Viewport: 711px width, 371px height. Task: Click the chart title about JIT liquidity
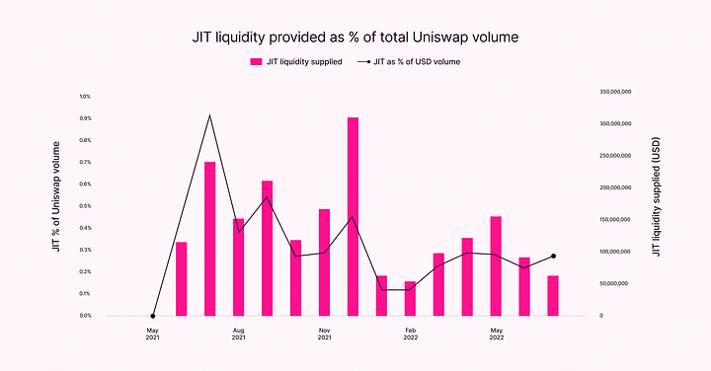[x=355, y=37]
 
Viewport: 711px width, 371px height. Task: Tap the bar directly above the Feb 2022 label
[x=410, y=298]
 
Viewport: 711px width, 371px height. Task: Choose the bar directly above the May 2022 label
[x=496, y=265]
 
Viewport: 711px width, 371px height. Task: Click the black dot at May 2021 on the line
[x=152, y=316]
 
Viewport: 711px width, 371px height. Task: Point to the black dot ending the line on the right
[x=553, y=256]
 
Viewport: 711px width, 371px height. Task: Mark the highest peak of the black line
[x=209, y=115]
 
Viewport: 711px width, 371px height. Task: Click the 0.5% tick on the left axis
[x=85, y=206]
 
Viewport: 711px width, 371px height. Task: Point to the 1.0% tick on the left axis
[x=85, y=97]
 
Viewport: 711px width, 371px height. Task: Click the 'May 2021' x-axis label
[x=152, y=334]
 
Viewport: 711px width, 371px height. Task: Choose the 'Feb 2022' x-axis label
[x=410, y=334]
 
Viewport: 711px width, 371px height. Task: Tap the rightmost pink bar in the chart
[x=553, y=295]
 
